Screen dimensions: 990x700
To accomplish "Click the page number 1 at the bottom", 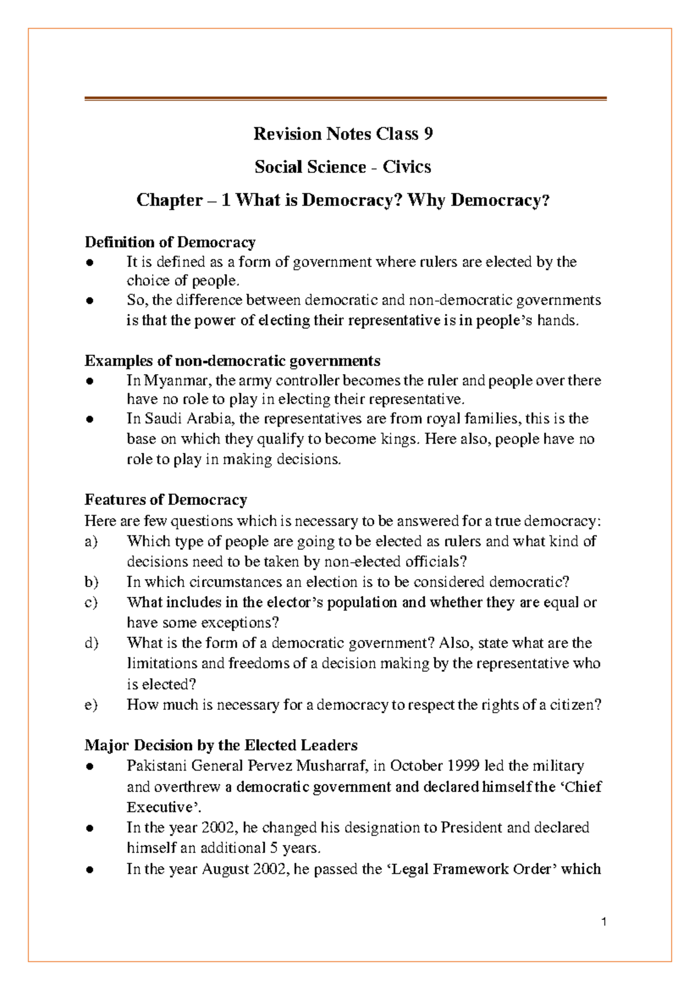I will coord(604,922).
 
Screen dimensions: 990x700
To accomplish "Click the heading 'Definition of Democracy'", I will coord(170,242).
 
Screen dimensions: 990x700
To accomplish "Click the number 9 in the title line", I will coord(428,134).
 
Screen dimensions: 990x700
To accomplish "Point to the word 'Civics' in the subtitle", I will coord(407,167).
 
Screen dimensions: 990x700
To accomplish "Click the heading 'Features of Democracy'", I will coord(166,500).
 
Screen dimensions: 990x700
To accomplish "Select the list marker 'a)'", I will coord(91,541).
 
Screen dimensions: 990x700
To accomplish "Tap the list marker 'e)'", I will coord(91,705).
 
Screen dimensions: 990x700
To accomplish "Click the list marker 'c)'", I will coord(91,602).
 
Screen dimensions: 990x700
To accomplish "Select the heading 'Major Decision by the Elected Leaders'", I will coord(221,745).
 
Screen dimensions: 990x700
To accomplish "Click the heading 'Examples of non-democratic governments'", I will coord(232,361).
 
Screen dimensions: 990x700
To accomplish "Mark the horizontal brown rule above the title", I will coord(345,99).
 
